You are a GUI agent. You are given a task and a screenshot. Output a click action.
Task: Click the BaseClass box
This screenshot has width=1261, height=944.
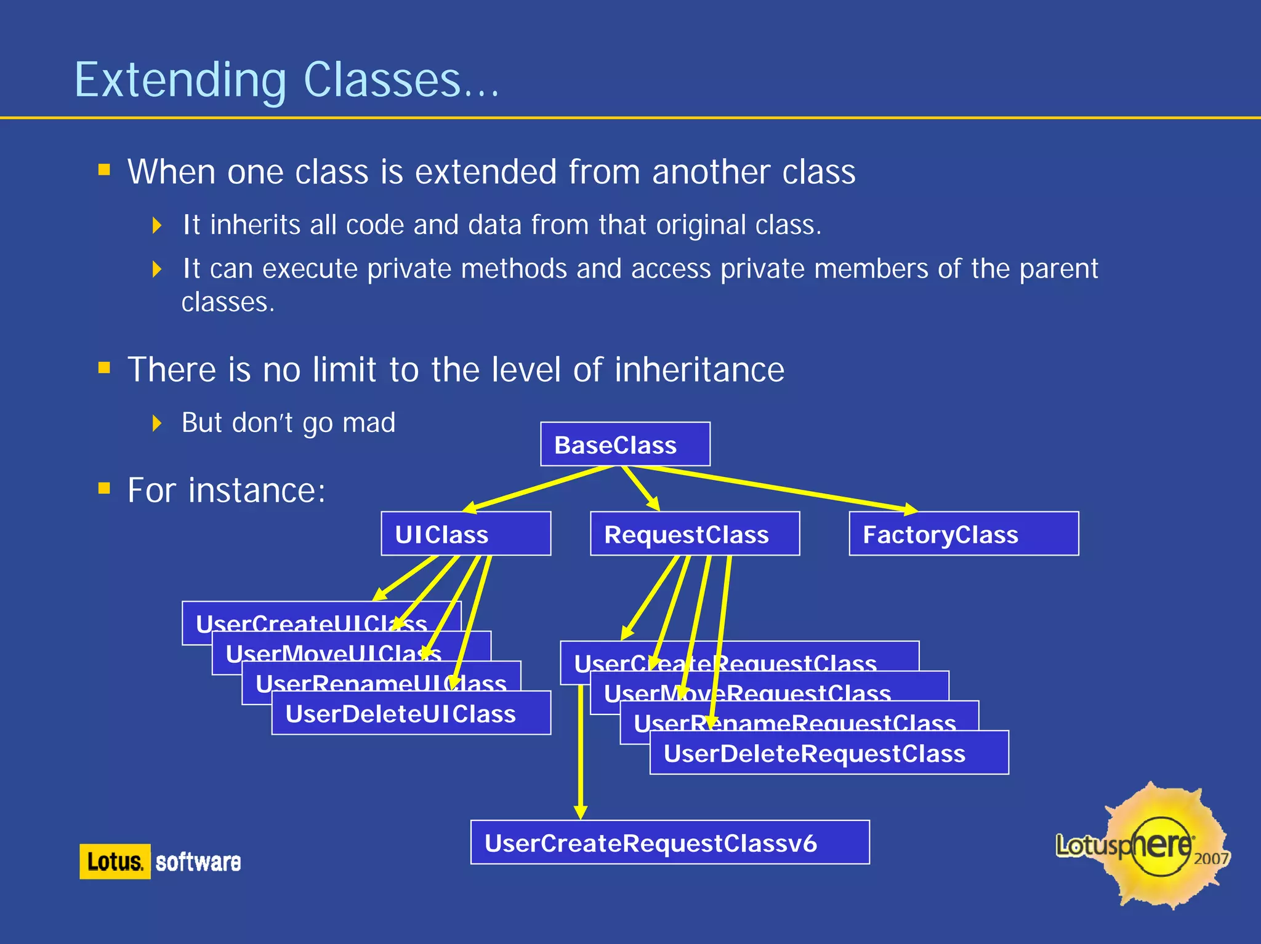click(x=625, y=444)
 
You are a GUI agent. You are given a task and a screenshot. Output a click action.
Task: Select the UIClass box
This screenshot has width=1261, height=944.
click(x=465, y=534)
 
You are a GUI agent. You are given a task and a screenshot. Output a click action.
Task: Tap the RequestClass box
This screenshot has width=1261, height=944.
click(x=695, y=534)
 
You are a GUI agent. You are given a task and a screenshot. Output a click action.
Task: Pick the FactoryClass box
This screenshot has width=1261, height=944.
click(x=964, y=534)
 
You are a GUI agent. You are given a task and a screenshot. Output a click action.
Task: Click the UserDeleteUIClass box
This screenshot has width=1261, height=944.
click(x=411, y=713)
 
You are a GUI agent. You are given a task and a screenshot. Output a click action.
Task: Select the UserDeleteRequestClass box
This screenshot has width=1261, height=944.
click(x=829, y=753)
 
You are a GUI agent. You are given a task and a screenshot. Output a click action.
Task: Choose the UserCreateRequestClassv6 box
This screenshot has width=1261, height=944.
click(x=670, y=842)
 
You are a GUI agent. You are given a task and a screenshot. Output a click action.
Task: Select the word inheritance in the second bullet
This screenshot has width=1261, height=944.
click(x=699, y=370)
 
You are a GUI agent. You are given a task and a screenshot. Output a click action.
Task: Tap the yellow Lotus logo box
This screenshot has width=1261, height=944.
click(x=115, y=861)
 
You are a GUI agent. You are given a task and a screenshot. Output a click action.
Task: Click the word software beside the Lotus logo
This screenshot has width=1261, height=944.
click(x=198, y=862)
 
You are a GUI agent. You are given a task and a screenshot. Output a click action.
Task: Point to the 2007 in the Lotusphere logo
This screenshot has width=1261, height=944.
click(x=1211, y=858)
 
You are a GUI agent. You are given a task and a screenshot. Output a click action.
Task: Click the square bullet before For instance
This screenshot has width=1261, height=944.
click(x=104, y=489)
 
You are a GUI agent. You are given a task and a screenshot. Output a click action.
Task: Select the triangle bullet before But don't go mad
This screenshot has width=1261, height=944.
click(x=157, y=423)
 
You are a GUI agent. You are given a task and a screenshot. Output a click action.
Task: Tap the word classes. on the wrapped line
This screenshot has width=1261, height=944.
click(x=228, y=302)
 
